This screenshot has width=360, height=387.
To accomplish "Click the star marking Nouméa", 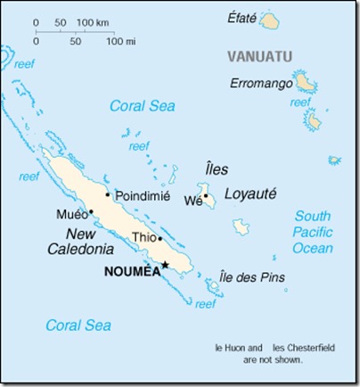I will click(x=165, y=264).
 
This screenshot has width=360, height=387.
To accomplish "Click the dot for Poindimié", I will click(x=108, y=194).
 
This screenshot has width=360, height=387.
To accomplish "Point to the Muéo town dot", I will click(x=91, y=212).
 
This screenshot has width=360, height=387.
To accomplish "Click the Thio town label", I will click(x=143, y=238).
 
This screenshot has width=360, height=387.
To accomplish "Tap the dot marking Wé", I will click(x=206, y=196).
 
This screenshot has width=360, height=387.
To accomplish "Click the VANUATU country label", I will click(x=259, y=56).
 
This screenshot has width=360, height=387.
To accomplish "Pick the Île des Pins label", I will click(x=253, y=277).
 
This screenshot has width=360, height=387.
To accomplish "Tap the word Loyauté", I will click(x=250, y=193).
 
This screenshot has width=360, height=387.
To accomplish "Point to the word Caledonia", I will click(x=79, y=249).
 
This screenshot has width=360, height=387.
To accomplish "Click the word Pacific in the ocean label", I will click(x=313, y=232).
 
